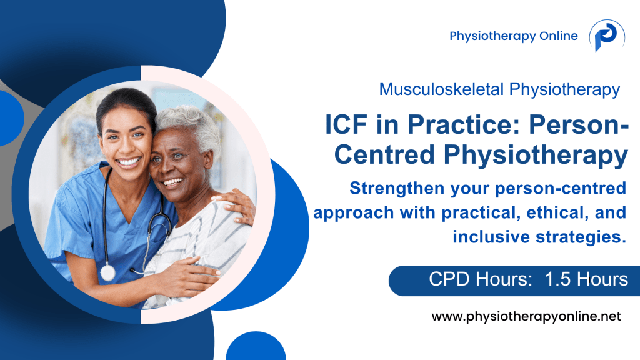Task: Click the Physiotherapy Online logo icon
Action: pyautogui.click(x=606, y=36)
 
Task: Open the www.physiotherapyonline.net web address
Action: pyautogui.click(x=526, y=317)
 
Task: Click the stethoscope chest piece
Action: pyautogui.click(x=107, y=272)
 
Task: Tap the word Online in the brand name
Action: pyautogui.click(x=558, y=36)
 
